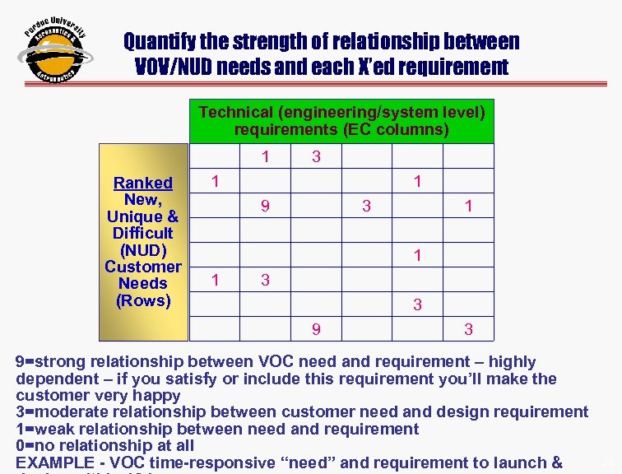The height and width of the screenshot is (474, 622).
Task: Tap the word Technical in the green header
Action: click(234, 112)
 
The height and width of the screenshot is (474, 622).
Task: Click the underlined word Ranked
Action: click(143, 183)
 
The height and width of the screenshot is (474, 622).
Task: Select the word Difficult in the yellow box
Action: click(143, 233)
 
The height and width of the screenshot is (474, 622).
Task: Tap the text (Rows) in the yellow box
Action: click(143, 300)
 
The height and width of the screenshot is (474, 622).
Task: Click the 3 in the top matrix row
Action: click(315, 157)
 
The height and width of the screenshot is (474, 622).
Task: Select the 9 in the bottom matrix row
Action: click(316, 330)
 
